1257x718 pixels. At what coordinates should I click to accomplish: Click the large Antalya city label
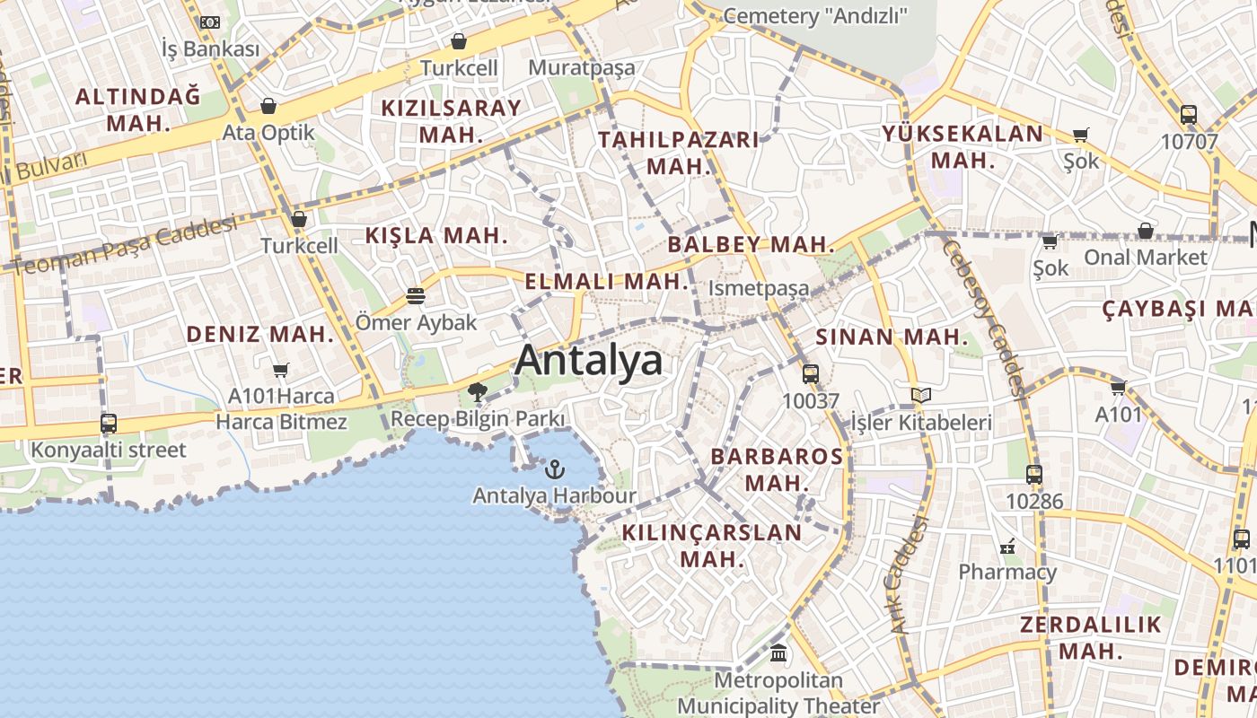tap(589, 360)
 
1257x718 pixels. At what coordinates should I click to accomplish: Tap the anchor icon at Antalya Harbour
tap(555, 468)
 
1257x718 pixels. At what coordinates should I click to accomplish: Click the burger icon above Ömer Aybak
tap(415, 295)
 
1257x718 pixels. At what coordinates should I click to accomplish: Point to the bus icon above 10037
tap(811, 374)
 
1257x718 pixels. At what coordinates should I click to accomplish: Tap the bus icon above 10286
tap(1034, 475)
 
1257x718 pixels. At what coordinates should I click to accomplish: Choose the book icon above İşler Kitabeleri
tap(920, 395)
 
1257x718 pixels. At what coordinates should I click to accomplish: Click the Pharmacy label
tap(1007, 572)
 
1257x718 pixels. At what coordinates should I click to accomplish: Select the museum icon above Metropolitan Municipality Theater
tap(778, 653)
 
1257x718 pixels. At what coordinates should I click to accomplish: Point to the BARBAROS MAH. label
tap(778, 469)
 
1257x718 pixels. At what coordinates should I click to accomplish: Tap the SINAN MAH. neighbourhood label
tap(892, 337)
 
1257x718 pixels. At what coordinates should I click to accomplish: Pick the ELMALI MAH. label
tap(607, 281)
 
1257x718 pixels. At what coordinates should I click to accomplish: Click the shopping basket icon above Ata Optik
tap(268, 107)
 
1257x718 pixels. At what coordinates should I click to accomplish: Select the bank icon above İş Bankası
tap(210, 22)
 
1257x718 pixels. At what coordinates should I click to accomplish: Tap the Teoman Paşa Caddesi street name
tap(126, 246)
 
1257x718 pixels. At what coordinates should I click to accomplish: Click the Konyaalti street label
tap(109, 450)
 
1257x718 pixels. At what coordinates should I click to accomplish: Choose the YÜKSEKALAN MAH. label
tap(963, 147)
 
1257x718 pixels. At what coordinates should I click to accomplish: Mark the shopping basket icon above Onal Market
tap(1146, 232)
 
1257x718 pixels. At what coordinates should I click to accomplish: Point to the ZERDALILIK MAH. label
tap(1091, 637)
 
